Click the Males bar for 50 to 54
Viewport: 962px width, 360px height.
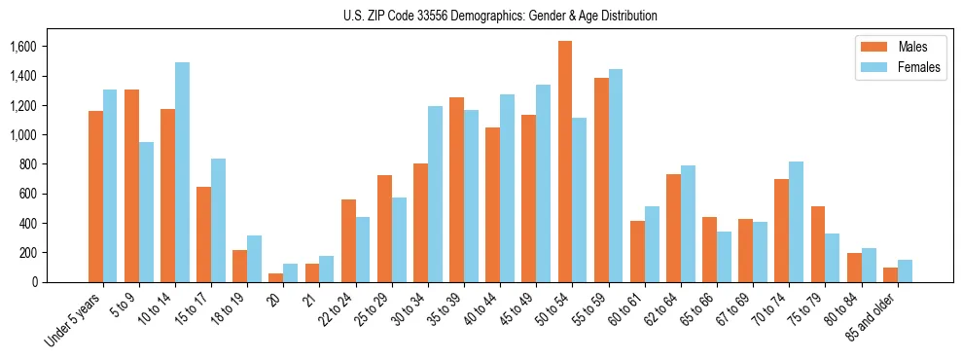pos(565,162)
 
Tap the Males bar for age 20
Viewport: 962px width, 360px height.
pos(276,277)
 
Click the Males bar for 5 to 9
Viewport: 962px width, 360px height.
pos(131,186)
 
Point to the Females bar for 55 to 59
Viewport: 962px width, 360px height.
pos(615,176)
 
